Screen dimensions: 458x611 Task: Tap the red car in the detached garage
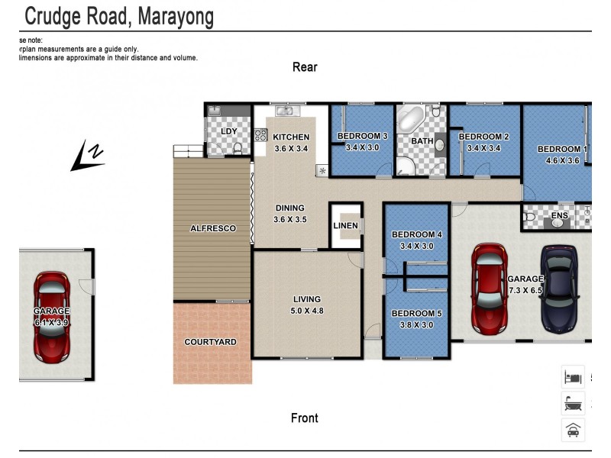(52, 317)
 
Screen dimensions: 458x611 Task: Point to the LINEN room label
(346, 226)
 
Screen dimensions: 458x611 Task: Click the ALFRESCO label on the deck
(212, 228)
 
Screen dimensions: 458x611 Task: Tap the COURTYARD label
(210, 342)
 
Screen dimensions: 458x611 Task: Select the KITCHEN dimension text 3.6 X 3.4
(290, 149)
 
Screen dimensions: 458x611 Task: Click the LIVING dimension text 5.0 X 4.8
(307, 311)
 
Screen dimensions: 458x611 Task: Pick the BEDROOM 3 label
(363, 137)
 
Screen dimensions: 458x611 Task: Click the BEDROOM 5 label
(416, 313)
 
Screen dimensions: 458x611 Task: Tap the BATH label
(422, 141)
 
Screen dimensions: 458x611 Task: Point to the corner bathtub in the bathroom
(410, 121)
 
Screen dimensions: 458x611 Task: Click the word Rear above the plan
(305, 67)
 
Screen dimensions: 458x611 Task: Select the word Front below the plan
(305, 418)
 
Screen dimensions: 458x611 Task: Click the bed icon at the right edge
(573, 376)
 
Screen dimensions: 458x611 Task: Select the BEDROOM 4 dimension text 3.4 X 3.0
(416, 247)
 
